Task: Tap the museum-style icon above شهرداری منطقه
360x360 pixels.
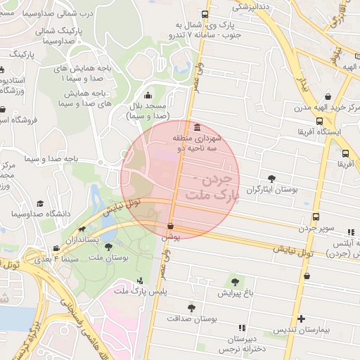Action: tap(195, 127)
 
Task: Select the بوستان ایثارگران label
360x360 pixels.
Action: tap(272, 190)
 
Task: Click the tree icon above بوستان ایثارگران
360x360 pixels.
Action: tap(272, 179)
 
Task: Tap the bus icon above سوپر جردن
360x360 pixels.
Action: tap(316, 217)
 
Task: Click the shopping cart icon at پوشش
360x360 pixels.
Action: tap(171, 226)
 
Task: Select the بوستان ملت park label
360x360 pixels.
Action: tap(108, 258)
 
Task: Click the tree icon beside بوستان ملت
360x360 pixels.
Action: tap(108, 247)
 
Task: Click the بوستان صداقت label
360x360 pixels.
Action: tap(191, 318)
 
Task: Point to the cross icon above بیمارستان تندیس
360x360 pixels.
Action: tap(301, 319)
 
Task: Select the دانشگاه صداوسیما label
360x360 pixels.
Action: tap(39, 213)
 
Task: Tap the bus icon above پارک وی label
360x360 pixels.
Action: tap(205, 15)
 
